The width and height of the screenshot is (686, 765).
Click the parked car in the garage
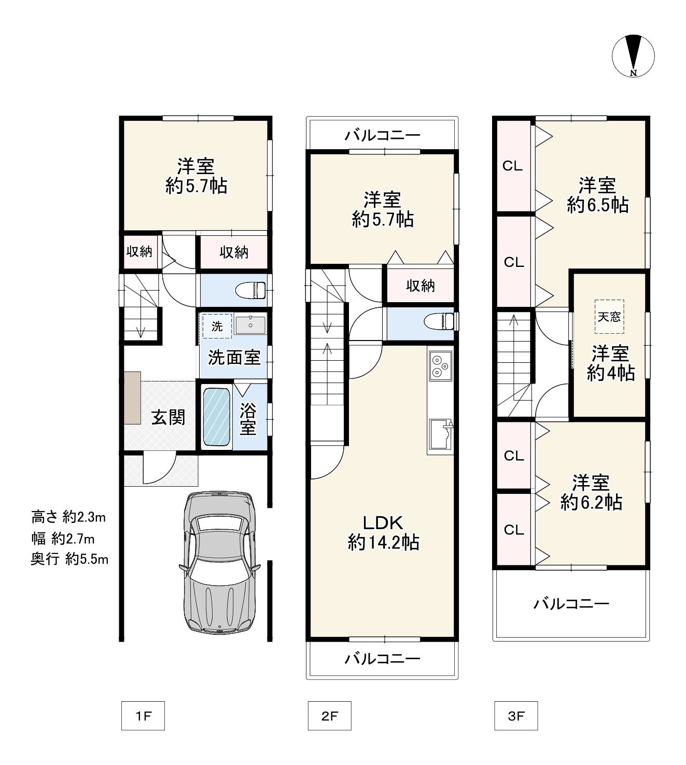click(219, 562)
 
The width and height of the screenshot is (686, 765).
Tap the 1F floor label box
click(143, 716)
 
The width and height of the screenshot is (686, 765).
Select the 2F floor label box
click(329, 716)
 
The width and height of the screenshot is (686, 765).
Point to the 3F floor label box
click(516, 716)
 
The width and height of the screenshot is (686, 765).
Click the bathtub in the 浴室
click(216, 417)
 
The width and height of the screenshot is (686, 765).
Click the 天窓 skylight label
click(609, 316)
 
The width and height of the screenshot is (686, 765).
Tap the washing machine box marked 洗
click(217, 326)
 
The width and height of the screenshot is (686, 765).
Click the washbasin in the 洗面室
click(250, 325)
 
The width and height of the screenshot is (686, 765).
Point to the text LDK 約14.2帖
click(383, 532)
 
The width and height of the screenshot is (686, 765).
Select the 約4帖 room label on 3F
click(610, 373)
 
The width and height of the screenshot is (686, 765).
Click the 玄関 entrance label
click(168, 417)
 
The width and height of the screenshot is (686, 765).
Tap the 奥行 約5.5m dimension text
click(69, 559)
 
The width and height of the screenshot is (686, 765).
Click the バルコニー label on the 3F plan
click(571, 603)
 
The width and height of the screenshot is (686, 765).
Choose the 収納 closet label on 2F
click(420, 286)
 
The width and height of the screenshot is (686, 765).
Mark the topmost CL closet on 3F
click(513, 166)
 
